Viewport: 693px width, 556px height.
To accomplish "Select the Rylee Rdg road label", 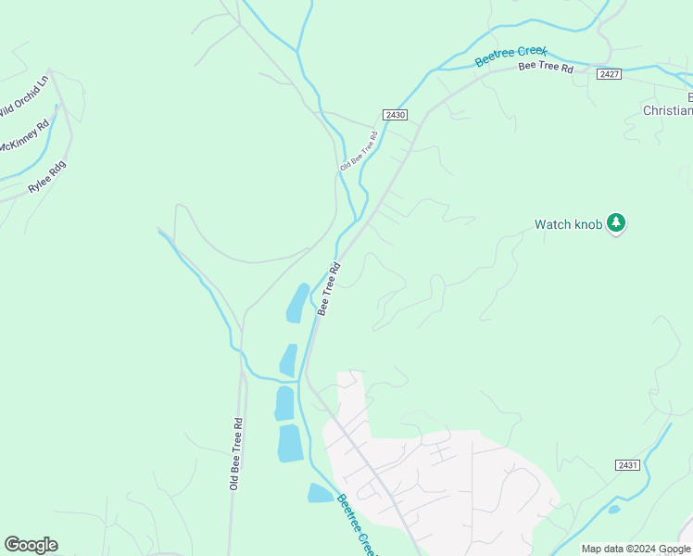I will click(x=48, y=176).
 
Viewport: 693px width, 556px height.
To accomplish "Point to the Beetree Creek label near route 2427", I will click(x=511, y=56).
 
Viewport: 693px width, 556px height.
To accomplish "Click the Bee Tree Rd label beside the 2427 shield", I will click(x=546, y=68).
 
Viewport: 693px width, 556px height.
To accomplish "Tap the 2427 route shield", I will click(x=609, y=73).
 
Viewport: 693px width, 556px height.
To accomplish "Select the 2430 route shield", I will click(x=395, y=115).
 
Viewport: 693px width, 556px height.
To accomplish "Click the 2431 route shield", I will click(x=627, y=465).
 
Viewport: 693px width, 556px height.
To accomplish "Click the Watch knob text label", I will click(x=568, y=224).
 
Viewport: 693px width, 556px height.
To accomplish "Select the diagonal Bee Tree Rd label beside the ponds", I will click(x=330, y=288).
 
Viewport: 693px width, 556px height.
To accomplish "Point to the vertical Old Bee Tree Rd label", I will click(x=236, y=453).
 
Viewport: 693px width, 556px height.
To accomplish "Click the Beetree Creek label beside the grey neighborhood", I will click(x=356, y=525).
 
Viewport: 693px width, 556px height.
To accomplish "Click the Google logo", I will click(x=31, y=545).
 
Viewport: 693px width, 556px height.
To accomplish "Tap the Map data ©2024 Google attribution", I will click(x=636, y=549).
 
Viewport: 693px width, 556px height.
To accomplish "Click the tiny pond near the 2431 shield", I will click(x=613, y=509).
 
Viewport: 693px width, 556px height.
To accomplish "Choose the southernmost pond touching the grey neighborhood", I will click(x=320, y=493).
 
